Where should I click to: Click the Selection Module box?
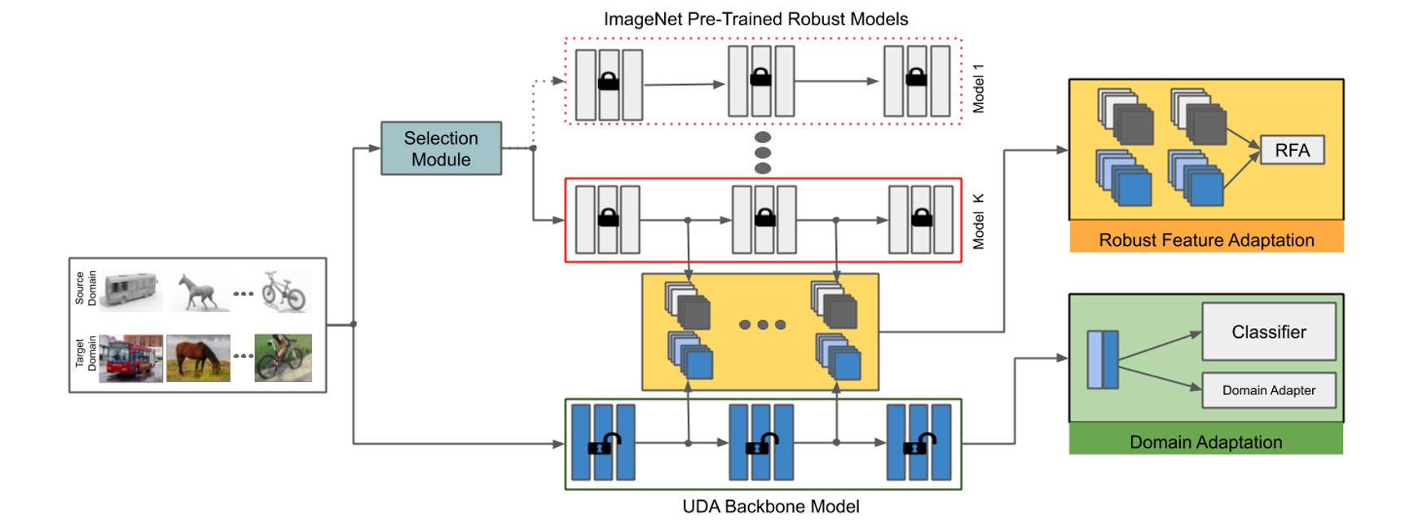(x=441, y=148)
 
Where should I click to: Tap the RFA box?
(x=1292, y=151)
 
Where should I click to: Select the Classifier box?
(x=1268, y=332)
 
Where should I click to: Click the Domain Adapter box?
(x=1268, y=390)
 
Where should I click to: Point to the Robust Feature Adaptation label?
(x=1206, y=240)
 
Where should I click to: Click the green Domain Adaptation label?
(x=1205, y=441)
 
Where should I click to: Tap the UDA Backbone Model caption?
(x=770, y=507)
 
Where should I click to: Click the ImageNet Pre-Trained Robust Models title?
(x=755, y=19)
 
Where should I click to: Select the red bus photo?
(x=130, y=358)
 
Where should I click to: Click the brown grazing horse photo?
(x=198, y=358)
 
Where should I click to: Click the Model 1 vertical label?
(x=978, y=88)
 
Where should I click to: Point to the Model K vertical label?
(x=978, y=221)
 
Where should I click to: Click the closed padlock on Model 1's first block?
(x=608, y=81)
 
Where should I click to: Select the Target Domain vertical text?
(x=86, y=354)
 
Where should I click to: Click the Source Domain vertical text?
(x=86, y=288)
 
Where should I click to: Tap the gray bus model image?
(x=130, y=289)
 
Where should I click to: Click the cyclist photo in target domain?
(x=283, y=358)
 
